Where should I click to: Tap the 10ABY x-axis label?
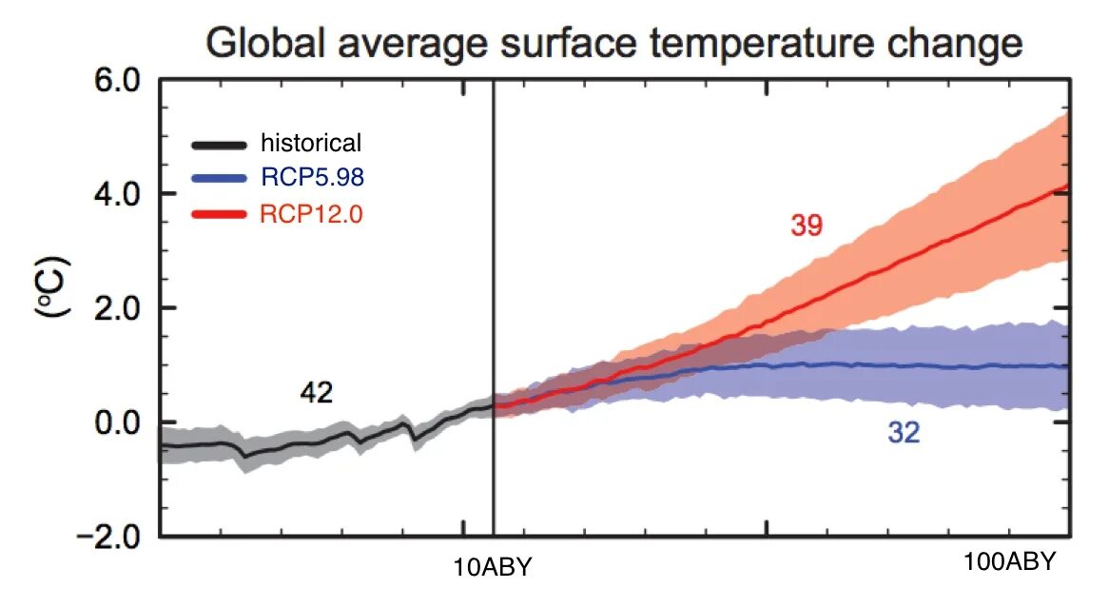pyautogui.click(x=494, y=568)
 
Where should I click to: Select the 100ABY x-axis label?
pyautogui.click(x=1009, y=561)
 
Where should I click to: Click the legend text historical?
pyautogui.click(x=311, y=144)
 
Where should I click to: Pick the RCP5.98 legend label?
pyautogui.click(x=309, y=179)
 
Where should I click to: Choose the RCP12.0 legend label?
pyautogui.click(x=309, y=214)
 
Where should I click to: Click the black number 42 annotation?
pyautogui.click(x=316, y=392)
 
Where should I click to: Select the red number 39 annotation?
pyautogui.click(x=806, y=226)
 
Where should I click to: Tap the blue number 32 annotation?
pyautogui.click(x=904, y=434)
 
